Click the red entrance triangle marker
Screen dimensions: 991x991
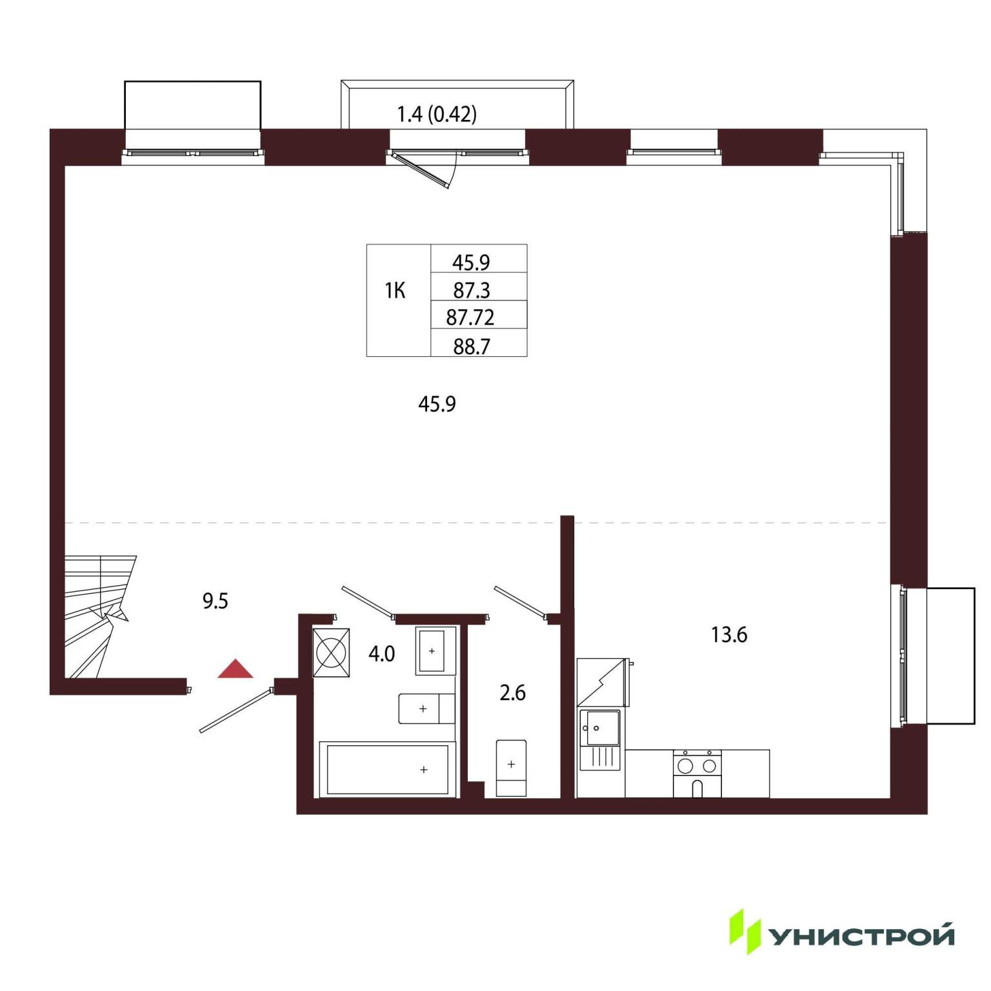tap(235, 669)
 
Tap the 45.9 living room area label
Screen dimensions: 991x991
tap(437, 404)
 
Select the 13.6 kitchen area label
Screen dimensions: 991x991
tap(729, 635)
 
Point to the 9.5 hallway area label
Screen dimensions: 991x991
tap(215, 601)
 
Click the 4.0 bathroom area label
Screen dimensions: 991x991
tap(381, 654)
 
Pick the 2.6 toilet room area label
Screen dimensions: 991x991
tap(513, 693)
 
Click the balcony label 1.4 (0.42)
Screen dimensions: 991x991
tap(437, 114)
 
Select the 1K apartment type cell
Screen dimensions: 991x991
tap(395, 291)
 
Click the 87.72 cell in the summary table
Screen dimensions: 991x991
tap(470, 317)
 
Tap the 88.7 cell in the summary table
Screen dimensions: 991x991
tap(472, 346)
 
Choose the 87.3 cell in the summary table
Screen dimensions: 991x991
tap(472, 290)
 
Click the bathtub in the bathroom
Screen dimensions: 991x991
tap(388, 769)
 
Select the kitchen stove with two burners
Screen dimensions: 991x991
tap(697, 774)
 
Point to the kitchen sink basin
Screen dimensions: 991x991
tap(599, 741)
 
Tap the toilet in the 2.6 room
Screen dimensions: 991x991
tap(511, 768)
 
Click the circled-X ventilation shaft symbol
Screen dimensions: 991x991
tap(331, 652)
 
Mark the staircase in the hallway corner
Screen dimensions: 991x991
tap(99, 617)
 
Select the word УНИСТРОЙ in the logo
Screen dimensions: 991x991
tap(862, 936)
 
